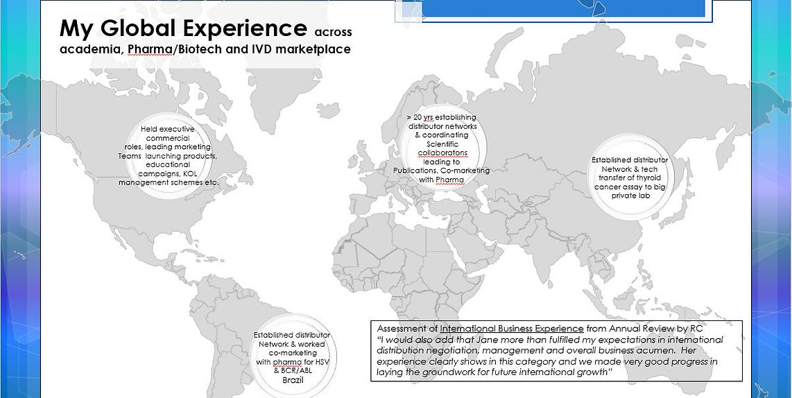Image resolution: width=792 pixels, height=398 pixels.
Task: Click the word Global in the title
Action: click(x=139, y=28)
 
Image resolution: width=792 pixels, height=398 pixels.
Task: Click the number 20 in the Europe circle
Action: click(x=418, y=118)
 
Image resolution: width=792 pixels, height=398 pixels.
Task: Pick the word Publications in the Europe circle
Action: click(x=415, y=171)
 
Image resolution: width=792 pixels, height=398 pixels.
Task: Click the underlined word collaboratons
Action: click(x=442, y=153)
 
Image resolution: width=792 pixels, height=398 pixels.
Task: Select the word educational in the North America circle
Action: click(x=167, y=165)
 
